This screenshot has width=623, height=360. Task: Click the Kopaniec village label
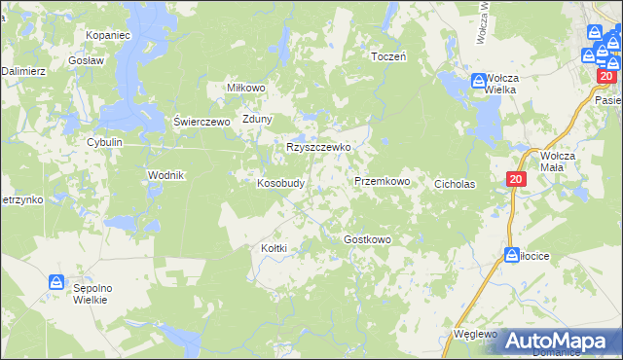point(108,34)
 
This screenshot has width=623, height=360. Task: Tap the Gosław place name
point(87,59)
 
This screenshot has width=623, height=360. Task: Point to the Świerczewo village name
point(201,122)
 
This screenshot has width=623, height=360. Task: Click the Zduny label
point(258,120)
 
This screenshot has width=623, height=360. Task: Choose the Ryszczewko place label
point(318,148)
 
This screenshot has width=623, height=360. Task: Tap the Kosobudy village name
point(281,182)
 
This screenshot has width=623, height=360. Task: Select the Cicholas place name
point(454,182)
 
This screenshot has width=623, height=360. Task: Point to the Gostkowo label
point(367,239)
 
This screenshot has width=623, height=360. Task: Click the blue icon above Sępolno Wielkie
point(57,283)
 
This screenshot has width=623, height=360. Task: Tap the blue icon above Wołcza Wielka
point(479,82)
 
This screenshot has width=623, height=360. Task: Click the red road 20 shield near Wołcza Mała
point(516,180)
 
